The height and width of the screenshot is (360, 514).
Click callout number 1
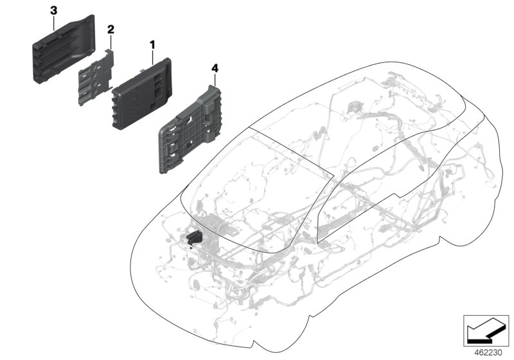152,44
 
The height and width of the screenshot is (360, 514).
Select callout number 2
111,30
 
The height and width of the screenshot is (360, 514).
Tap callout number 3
53,10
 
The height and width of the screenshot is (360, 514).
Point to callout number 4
215,69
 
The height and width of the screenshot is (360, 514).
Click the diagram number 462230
488,353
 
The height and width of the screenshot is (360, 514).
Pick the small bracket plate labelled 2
96,77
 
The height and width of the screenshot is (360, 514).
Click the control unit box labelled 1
141,94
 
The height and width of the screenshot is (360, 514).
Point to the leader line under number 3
54,23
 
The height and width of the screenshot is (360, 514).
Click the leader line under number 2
111,42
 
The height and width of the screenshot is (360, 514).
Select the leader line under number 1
152,57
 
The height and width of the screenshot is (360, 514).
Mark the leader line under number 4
215,80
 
